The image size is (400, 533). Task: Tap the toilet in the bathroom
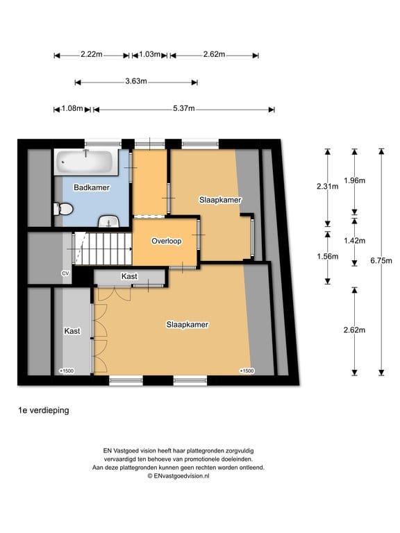(x=63, y=209)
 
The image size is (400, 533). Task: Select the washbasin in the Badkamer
(x=109, y=221)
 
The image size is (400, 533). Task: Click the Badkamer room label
(x=92, y=187)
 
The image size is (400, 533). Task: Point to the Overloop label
(x=167, y=241)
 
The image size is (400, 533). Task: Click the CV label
(x=65, y=273)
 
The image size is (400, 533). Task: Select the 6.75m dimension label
(x=381, y=261)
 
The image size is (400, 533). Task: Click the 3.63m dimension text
(x=136, y=81)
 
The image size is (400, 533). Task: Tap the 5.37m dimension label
(x=183, y=108)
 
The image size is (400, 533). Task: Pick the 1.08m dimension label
(x=72, y=108)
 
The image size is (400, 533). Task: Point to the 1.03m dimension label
(x=150, y=54)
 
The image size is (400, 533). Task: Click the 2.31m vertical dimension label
(x=328, y=186)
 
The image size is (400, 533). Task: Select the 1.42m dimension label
(x=354, y=241)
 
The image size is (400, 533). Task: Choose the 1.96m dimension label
(x=354, y=180)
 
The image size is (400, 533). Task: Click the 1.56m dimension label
(x=328, y=256)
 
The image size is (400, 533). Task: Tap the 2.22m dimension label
(x=92, y=54)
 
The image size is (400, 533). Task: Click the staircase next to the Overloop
(x=103, y=248)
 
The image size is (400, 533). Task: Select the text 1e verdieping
(x=44, y=410)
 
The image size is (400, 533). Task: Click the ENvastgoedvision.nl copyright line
(x=178, y=476)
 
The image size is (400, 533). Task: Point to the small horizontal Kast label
(x=129, y=276)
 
